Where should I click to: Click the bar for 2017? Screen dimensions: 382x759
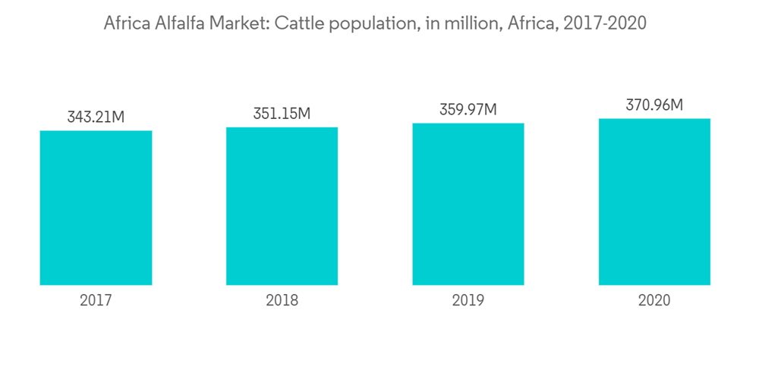[x=96, y=208]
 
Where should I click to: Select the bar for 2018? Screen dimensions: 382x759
[x=282, y=206]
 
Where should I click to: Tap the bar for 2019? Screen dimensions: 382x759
[x=468, y=204]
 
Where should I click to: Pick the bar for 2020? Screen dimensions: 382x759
[x=654, y=202]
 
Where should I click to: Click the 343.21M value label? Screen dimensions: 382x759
[x=96, y=117]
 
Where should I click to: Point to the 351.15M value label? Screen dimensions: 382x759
[x=282, y=114]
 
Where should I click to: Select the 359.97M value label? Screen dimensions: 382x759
[x=468, y=110]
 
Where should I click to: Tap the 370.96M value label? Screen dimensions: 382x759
[x=654, y=105]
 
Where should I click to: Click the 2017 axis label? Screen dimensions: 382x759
[x=96, y=301]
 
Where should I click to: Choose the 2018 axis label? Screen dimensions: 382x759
[x=282, y=301]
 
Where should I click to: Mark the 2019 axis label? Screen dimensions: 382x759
[x=468, y=301]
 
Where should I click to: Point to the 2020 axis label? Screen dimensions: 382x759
[x=654, y=301]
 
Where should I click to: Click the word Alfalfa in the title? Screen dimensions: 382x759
[x=175, y=23]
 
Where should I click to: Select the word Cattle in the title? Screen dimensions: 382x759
[x=297, y=23]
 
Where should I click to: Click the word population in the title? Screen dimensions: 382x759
[x=367, y=24]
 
